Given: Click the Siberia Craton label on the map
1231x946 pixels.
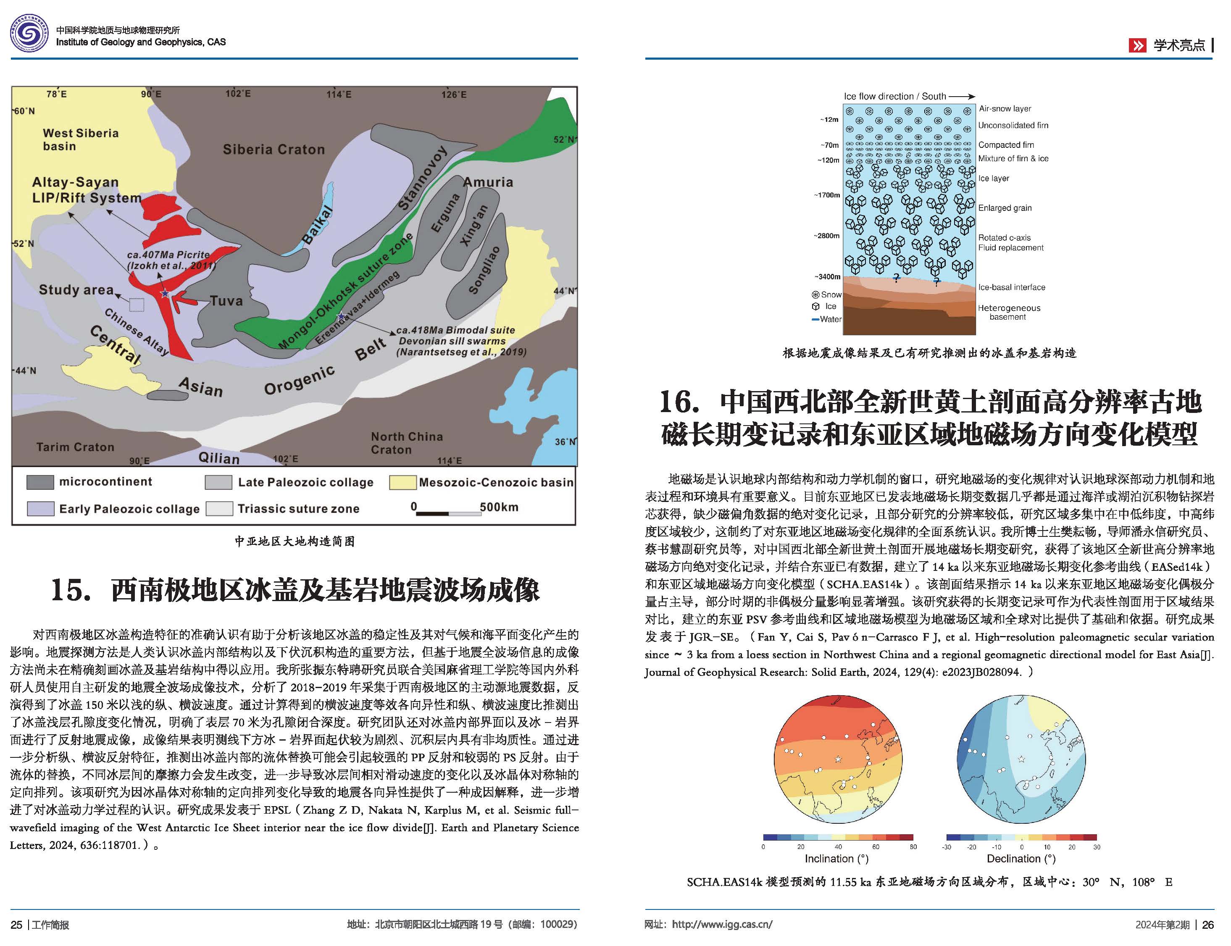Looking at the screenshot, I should click(274, 149).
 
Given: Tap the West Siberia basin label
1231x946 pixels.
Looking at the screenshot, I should click(81, 139).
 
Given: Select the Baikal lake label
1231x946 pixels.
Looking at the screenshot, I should click(318, 225).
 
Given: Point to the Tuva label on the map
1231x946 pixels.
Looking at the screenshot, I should click(226, 301).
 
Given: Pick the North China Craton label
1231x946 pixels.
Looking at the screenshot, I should click(407, 443).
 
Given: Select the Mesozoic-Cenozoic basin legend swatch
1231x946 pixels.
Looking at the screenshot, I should click(402, 482).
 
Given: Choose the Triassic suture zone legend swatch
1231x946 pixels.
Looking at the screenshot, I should click(219, 508).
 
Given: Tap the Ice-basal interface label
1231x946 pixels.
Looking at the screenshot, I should click(1011, 287).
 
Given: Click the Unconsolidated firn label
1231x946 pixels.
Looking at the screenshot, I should click(1013, 126).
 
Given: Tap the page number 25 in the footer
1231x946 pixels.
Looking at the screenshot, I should click(16, 925).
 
